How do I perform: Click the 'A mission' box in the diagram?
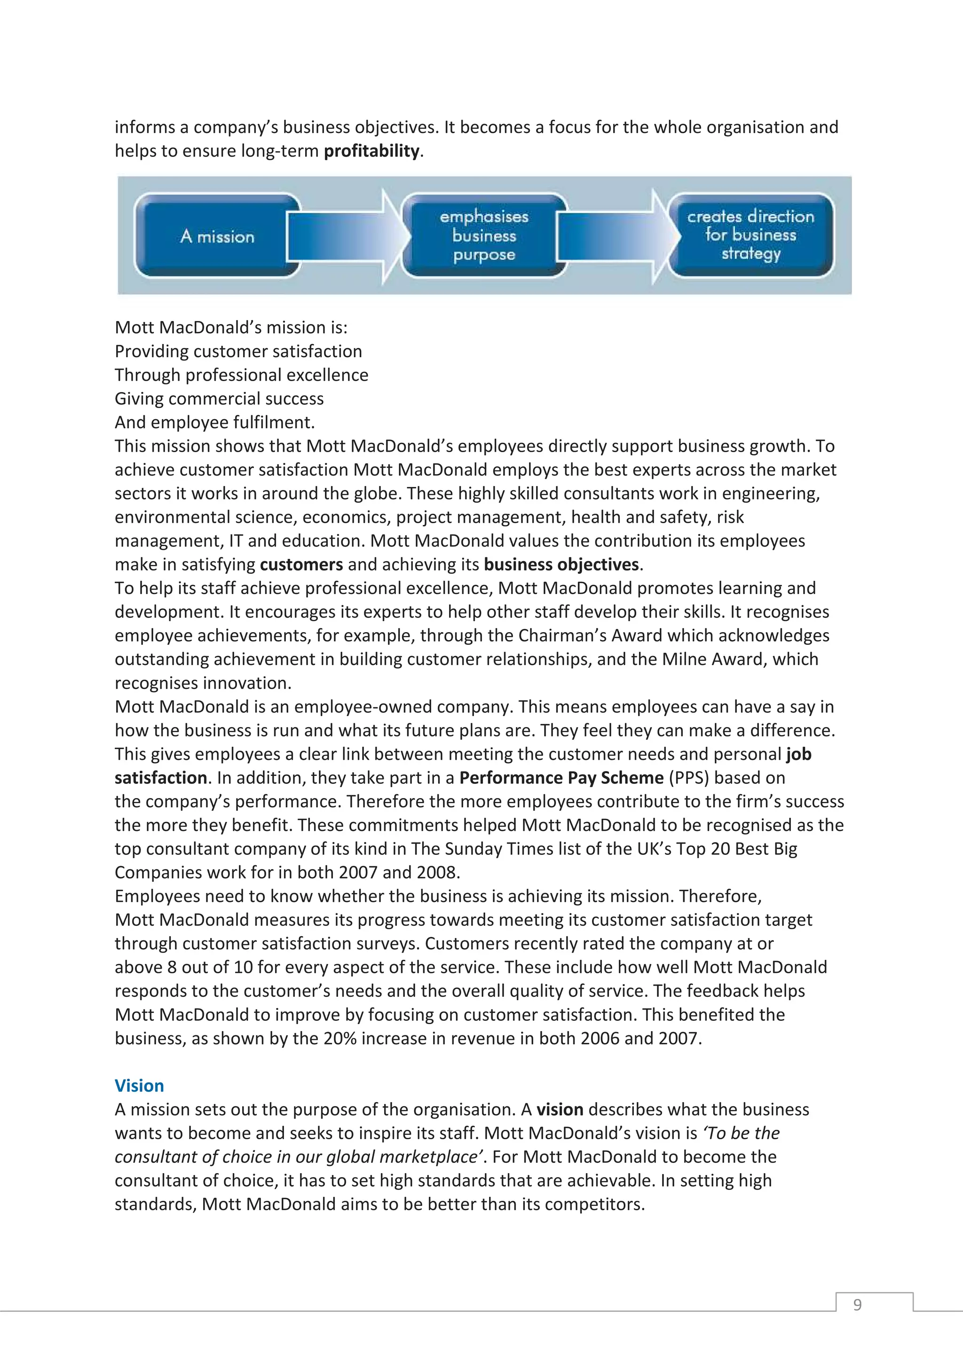[217, 236]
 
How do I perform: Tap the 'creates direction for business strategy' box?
[750, 235]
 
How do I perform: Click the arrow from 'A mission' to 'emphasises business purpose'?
[347, 236]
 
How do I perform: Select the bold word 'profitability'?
[371, 151]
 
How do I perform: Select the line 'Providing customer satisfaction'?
[238, 351]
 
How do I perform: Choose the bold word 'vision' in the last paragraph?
[560, 1109]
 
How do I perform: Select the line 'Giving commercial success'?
[219, 398]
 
